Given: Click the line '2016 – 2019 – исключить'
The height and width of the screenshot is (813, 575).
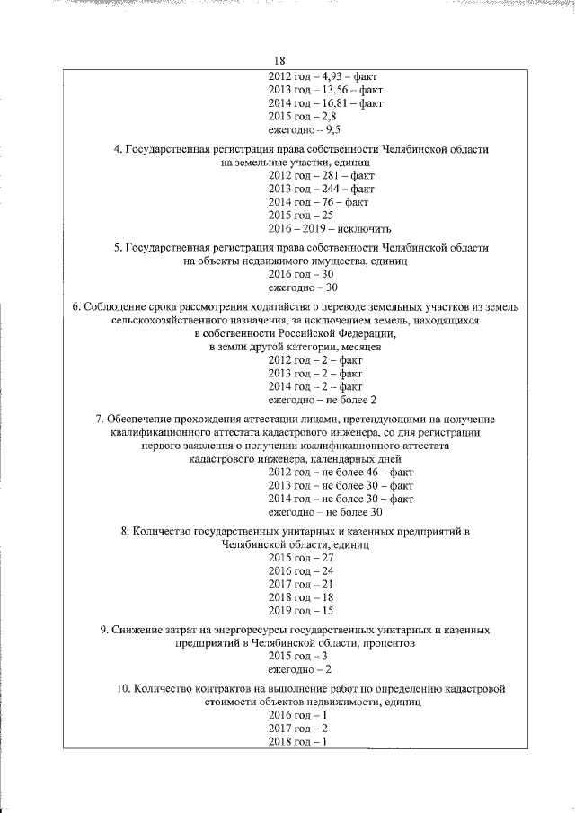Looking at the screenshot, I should [x=330, y=228].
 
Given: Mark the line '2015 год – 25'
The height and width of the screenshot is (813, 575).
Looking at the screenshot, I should [x=301, y=216].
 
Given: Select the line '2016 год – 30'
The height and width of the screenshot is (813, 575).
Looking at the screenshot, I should [x=301, y=275].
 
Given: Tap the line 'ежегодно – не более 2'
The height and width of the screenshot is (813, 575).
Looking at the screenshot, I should [x=323, y=399].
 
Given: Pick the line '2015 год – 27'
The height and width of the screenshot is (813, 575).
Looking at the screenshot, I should [x=301, y=558].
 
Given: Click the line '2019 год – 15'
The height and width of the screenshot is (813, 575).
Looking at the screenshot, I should [x=301, y=610].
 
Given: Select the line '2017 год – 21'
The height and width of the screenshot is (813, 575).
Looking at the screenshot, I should [x=301, y=584].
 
